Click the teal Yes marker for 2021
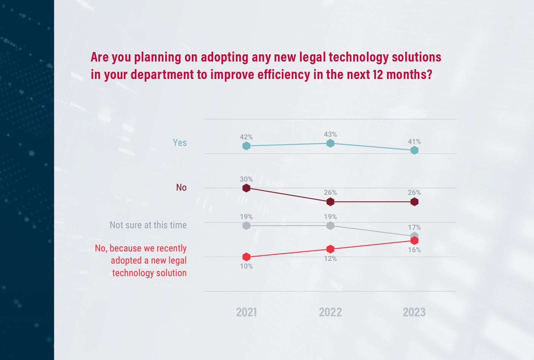tap(246, 146)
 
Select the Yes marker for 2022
tap(330, 143)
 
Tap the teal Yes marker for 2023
tap(414, 150)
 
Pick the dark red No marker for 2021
tap(246, 188)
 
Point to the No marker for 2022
tap(330, 202)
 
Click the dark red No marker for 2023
tap(414, 202)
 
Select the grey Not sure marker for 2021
tap(246, 226)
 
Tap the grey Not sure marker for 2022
tap(330, 226)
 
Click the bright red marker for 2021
tap(246, 257)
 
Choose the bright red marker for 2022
tap(330, 249)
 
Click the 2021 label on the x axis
tap(246, 312)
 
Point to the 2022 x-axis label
tap(330, 312)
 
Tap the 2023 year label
tap(414, 312)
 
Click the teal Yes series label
tap(180, 143)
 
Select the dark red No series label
tap(181, 188)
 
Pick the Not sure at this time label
tap(148, 225)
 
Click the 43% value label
tap(330, 134)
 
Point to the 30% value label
tap(246, 179)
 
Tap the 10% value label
tap(246, 266)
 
